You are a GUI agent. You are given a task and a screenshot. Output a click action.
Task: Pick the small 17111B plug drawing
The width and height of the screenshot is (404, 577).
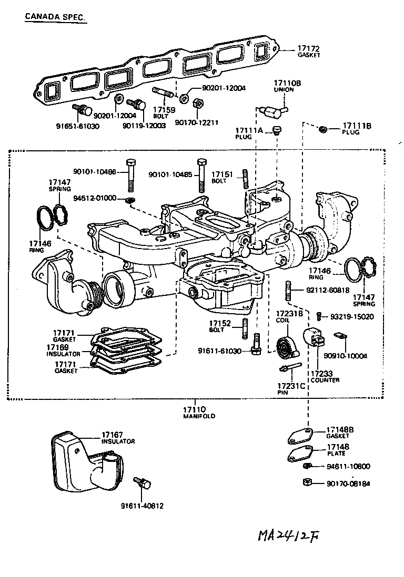tap(325, 129)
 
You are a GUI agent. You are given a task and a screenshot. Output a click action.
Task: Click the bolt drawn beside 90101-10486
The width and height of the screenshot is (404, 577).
tap(130, 173)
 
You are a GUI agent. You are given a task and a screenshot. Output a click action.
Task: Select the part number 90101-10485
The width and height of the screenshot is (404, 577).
tap(171, 173)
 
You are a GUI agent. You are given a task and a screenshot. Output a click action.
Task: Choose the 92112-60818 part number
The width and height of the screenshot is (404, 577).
tap(327, 290)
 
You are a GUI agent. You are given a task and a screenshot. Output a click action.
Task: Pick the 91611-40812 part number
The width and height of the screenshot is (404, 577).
tap(142, 506)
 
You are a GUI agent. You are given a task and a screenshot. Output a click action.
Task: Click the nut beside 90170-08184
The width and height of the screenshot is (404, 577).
tap(308, 483)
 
